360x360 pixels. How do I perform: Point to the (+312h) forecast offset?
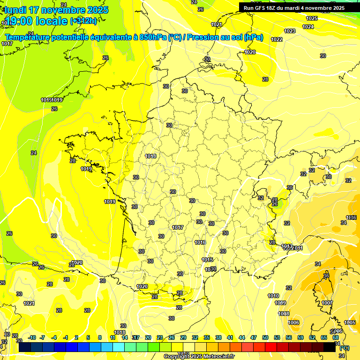click(83, 21)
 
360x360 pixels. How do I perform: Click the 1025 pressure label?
click(311, 18)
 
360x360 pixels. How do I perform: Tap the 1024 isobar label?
click(308, 27)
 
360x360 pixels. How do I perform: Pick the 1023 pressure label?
click(290, 31)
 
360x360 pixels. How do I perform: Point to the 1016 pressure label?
click(200, 242)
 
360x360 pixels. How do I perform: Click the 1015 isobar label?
click(207, 260)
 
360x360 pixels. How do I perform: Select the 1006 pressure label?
click(293, 322)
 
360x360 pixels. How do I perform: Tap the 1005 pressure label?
click(350, 322)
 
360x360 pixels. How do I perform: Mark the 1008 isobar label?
click(284, 314)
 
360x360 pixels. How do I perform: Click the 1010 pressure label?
click(273, 296)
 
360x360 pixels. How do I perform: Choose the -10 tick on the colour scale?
click(32, 337)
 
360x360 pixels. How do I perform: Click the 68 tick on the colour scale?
click(336, 337)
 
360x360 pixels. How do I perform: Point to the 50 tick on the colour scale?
click(265, 337)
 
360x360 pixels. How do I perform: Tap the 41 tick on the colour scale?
click(230, 337)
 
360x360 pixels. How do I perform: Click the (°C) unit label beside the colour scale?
click(345, 347)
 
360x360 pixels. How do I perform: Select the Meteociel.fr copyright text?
click(199, 356)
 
